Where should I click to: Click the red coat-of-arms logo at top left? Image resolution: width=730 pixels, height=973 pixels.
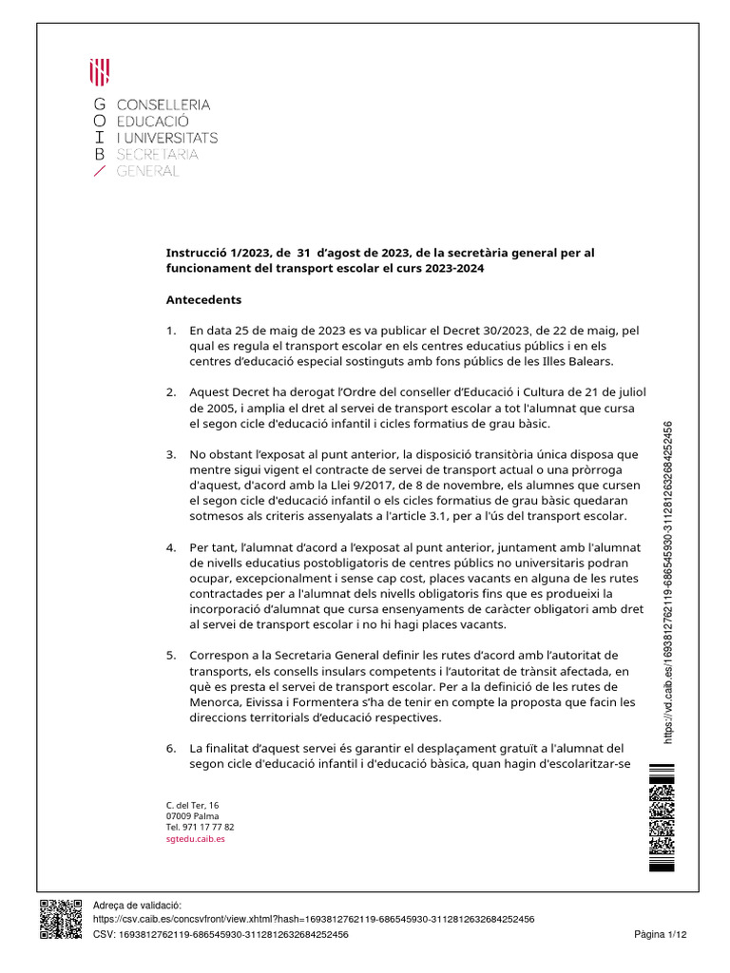[99, 71]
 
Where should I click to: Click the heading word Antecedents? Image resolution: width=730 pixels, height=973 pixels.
[203, 300]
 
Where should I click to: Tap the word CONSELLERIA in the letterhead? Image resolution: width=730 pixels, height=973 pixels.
[163, 105]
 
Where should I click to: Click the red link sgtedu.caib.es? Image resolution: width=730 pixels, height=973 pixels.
[195, 840]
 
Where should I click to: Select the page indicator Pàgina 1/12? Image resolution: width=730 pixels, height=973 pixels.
[660, 935]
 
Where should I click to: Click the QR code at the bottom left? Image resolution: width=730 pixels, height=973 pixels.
[61, 919]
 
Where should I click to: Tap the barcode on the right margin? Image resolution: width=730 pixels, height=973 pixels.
[661, 817]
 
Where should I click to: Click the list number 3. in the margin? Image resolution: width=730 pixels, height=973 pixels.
[171, 455]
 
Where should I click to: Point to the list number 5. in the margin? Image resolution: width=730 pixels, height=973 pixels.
[171, 656]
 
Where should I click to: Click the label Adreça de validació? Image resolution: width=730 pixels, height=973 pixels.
[136, 906]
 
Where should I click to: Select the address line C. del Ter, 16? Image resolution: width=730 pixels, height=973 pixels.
[192, 806]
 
